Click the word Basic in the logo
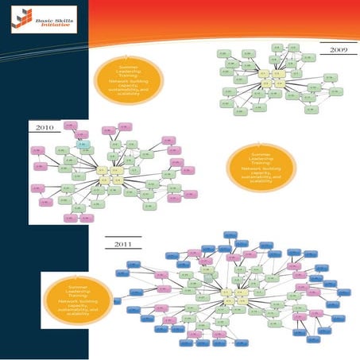(x=43, y=14)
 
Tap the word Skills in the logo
(x=61, y=14)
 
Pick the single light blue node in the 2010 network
(x=82, y=143)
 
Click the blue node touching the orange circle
(x=116, y=300)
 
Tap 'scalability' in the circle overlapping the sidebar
(x=77, y=315)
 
